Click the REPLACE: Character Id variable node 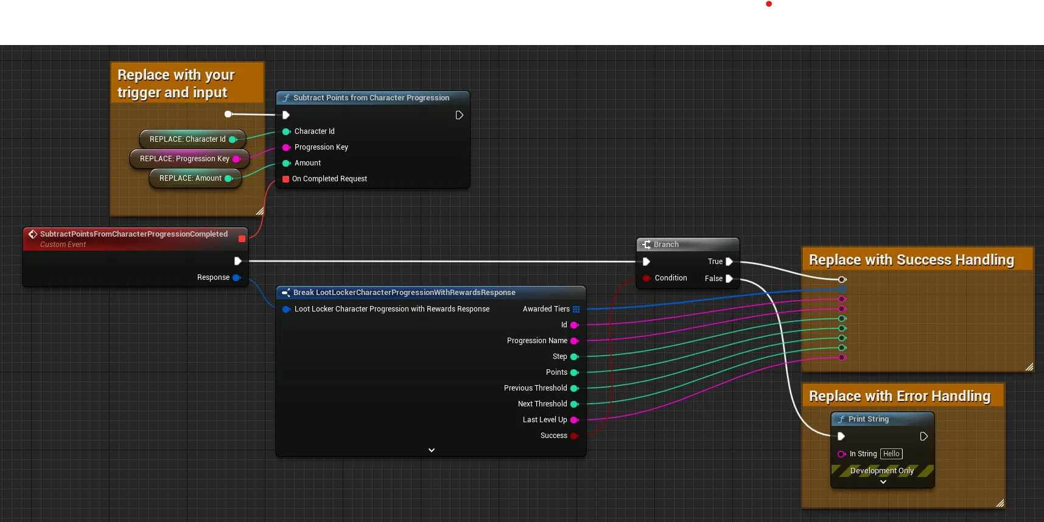tap(192, 139)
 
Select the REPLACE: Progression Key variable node tap(189, 159)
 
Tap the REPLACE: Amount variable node tap(195, 178)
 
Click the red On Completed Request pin tap(286, 179)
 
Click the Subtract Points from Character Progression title tap(371, 98)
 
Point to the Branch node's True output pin tap(729, 262)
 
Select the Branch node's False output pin tap(729, 279)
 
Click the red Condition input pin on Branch tap(646, 278)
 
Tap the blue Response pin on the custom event tap(237, 277)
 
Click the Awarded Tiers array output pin tap(576, 309)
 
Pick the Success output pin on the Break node tap(574, 436)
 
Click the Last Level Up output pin tap(574, 420)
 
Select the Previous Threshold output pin tap(574, 388)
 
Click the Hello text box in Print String tap(891, 454)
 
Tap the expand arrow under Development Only tap(883, 482)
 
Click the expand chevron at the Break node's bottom tap(432, 450)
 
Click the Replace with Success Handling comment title tap(911, 260)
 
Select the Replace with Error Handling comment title tap(900, 397)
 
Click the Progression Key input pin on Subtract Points tap(286, 147)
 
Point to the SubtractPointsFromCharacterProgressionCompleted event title tap(134, 234)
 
